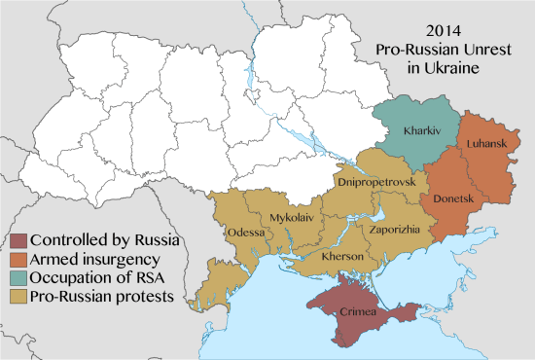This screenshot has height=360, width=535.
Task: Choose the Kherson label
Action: (x=343, y=255)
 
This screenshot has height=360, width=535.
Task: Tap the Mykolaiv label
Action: (x=292, y=217)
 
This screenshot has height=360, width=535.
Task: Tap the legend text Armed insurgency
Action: (x=94, y=259)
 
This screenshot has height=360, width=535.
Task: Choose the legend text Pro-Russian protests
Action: (x=100, y=296)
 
